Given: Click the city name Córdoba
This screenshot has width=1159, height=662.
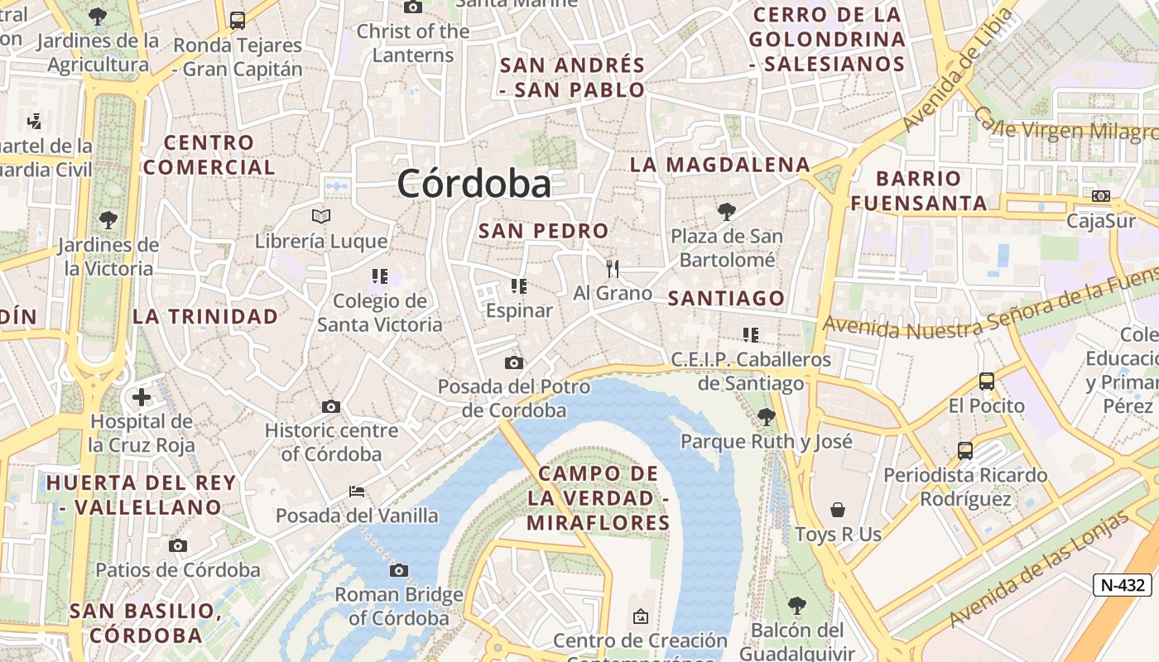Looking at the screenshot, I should coord(474,183).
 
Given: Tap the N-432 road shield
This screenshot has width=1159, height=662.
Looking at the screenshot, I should coord(1123,585).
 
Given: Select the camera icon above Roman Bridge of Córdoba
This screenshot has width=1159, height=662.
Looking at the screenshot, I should coord(399,570).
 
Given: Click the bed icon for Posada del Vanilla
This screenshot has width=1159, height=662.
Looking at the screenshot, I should coord(357,492).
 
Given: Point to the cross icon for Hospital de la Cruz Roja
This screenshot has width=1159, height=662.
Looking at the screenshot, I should coord(142,397).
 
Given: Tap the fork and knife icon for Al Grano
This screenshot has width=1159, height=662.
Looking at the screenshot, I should coord(613,268).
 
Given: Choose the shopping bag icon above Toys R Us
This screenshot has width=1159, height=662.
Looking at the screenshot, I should coord(838,509).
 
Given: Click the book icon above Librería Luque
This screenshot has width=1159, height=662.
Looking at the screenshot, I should coord(321,217).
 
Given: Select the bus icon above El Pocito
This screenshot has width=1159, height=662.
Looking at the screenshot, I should coord(986,381).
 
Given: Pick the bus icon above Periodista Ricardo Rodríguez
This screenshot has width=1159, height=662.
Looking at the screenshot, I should coord(964,451).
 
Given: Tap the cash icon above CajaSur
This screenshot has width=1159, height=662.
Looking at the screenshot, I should coord(1100,196).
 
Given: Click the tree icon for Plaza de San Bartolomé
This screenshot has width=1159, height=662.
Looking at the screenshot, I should coord(726,212).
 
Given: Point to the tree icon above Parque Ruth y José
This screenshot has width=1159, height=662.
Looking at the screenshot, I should coord(766,416).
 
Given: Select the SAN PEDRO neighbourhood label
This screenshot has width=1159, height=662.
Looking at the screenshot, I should coord(543,231).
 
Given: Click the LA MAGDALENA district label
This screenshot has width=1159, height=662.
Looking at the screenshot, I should coord(719,165).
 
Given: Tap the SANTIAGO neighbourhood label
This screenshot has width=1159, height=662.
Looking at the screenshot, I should coord(726,298).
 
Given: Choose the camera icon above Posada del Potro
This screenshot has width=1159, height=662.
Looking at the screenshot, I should coord(513,362).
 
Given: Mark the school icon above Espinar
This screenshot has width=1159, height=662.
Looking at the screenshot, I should coord(519,286).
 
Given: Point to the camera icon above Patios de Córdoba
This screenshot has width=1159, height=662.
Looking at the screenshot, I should coord(177,545).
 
